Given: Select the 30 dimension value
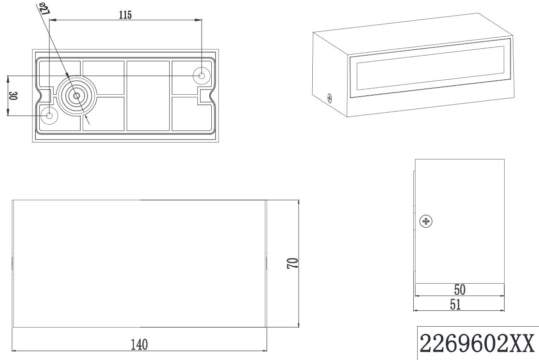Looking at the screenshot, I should coord(13,96).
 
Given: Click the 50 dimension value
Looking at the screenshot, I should coord(459,289).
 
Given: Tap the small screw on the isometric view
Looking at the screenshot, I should coord(329,99).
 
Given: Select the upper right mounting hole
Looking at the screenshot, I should coord(201,75).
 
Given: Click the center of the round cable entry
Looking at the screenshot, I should coord(76,96).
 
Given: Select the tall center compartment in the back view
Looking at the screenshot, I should coord(148,96).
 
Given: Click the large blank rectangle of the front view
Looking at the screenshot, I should coord(139,263).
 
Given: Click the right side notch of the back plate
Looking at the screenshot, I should coord(204,96).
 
